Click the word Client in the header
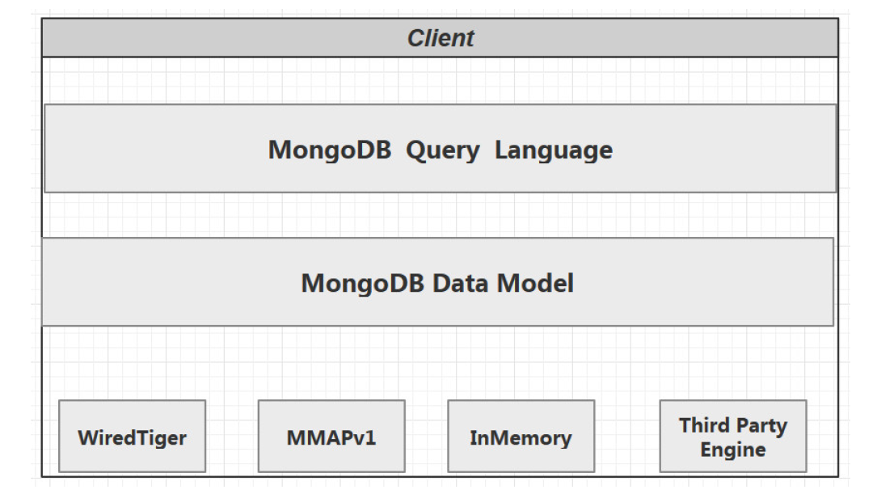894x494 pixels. point(441,38)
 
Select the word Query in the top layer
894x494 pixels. point(442,150)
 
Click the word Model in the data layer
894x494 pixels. point(535,283)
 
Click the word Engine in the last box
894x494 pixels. point(732,450)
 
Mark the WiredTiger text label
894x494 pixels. point(132,438)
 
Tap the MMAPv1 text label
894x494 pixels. point(331,438)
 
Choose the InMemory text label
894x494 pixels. point(521,438)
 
